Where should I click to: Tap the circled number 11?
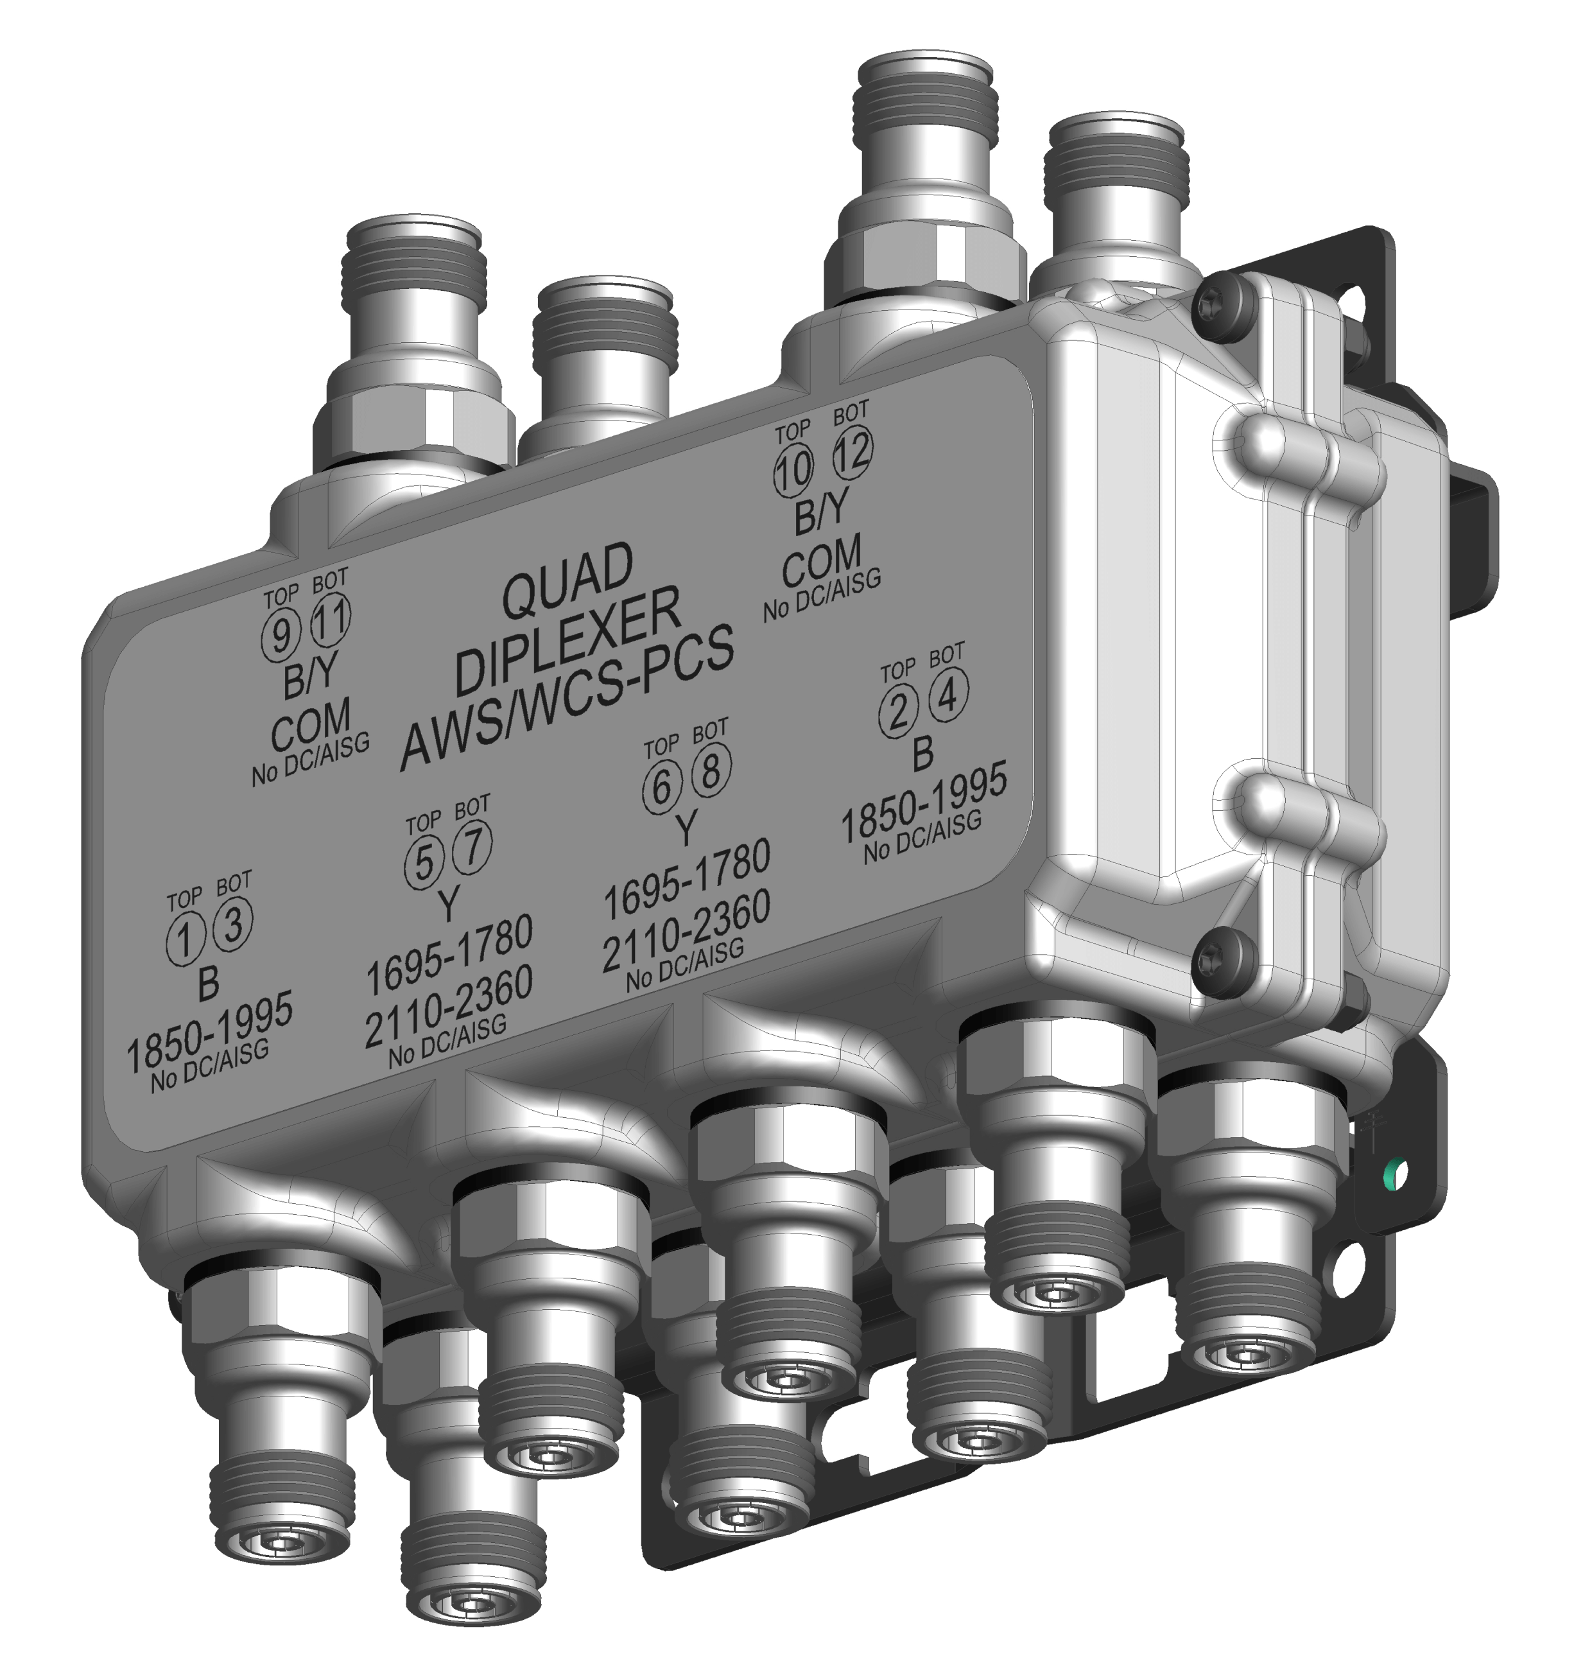(x=330, y=620)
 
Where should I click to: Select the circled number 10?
(x=793, y=470)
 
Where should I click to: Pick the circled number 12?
(x=852, y=451)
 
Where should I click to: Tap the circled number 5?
(x=424, y=864)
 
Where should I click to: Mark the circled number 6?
(x=662, y=787)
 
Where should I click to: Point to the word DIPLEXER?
(x=567, y=642)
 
